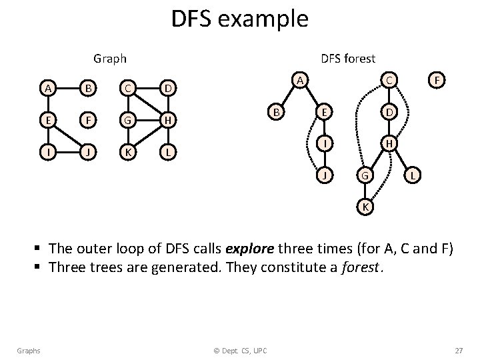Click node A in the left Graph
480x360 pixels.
pos(47,88)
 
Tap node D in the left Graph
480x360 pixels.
pos(170,88)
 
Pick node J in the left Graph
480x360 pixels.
pos(86,153)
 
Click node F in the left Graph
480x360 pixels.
pos(86,121)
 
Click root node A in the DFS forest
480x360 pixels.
pos(301,80)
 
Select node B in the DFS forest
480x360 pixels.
pos(274,111)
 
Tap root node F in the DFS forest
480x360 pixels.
pos(437,80)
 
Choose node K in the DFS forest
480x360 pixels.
pos(365,207)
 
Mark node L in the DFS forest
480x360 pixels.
pos(414,175)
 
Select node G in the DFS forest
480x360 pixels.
pos(363,176)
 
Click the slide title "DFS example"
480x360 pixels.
pos(239,19)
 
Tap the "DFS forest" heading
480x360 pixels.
pos(348,59)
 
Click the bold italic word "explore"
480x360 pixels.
pos(251,249)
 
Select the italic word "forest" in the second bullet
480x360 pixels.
pos(363,268)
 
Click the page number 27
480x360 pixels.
pos(458,351)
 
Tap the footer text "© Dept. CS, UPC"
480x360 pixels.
pos(240,351)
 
